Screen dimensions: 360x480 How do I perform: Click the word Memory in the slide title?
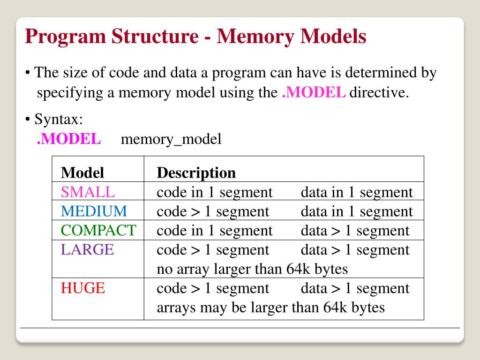pyautogui.click(x=254, y=37)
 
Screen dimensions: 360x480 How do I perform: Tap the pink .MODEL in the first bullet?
pyautogui.click(x=314, y=92)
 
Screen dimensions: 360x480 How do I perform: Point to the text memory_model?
pyautogui.click(x=171, y=139)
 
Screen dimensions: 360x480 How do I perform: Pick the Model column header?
pyautogui.click(x=82, y=173)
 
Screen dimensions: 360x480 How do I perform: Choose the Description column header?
pyautogui.click(x=196, y=173)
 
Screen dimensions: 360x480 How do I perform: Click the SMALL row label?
pyautogui.click(x=88, y=192)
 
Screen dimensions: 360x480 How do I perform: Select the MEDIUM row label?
pyautogui.click(x=94, y=211)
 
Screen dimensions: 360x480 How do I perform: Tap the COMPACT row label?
pyautogui.click(x=98, y=231)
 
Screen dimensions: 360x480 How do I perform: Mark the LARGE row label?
pyautogui.click(x=87, y=249)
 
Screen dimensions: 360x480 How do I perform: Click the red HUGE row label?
pyautogui.click(x=83, y=288)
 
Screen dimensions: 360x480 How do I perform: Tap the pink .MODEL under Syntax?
pyautogui.click(x=69, y=139)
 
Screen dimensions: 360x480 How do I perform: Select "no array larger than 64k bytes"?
pyautogui.click(x=252, y=269)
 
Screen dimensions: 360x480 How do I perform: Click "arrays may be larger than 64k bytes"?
pyautogui.click(x=270, y=307)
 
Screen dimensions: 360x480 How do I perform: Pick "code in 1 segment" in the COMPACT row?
pyautogui.click(x=214, y=231)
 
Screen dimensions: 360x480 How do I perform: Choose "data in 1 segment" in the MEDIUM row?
pyautogui.click(x=357, y=211)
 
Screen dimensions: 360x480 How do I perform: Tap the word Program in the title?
pyautogui.click(x=65, y=37)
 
